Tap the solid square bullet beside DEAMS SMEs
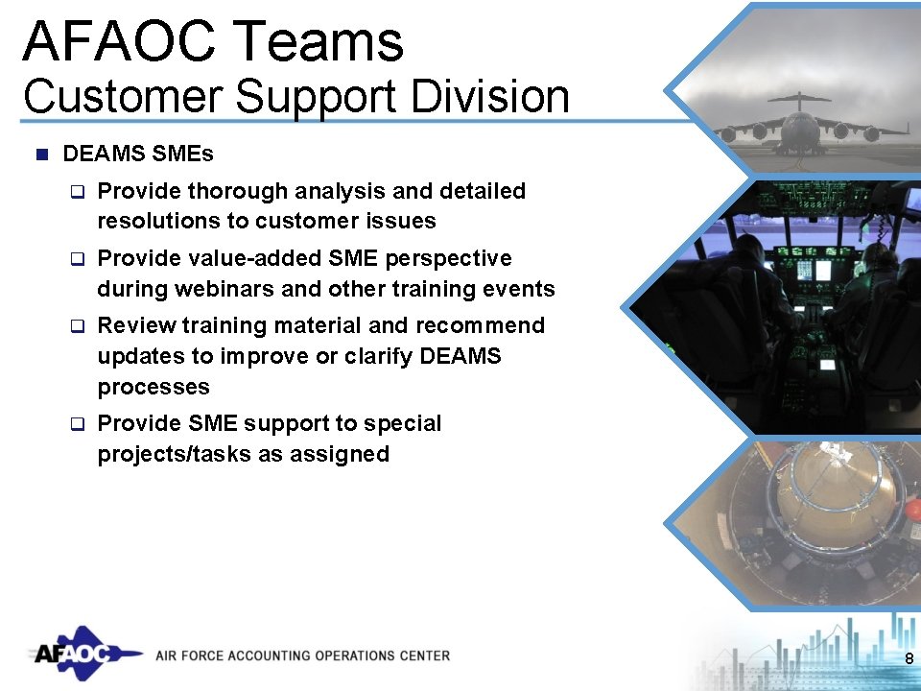(x=40, y=154)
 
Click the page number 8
(x=908, y=657)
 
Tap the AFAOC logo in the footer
(x=77, y=654)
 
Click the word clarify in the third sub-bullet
(x=339, y=356)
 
